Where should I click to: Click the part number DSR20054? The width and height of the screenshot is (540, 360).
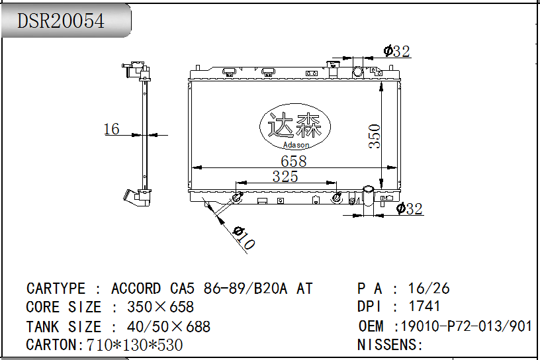(61, 21)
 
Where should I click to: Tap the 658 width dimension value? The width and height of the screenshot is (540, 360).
(293, 161)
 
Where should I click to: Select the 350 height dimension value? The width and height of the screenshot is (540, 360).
(375, 136)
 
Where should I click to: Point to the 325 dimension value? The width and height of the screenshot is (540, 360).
(285, 177)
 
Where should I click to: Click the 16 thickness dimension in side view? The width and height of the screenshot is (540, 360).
(112, 129)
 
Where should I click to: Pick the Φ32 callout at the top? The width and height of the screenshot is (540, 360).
(397, 52)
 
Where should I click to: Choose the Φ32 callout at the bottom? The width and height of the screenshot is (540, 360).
(409, 208)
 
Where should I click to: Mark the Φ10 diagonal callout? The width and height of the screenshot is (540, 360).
(244, 238)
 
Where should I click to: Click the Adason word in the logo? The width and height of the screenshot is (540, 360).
(296, 145)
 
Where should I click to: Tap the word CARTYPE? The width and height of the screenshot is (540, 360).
(56, 289)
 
